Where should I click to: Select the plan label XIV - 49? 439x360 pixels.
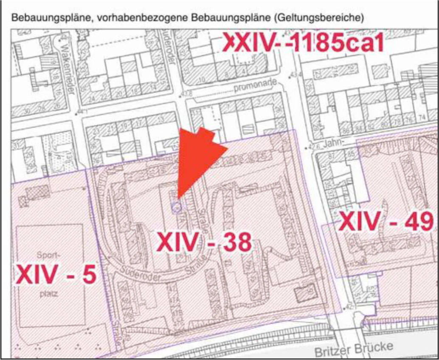(x=387, y=222)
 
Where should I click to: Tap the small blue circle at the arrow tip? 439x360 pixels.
(x=177, y=207)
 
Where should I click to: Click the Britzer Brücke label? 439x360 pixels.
(x=354, y=349)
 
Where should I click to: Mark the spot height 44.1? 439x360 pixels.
(x=79, y=112)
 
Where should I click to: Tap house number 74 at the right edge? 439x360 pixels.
(x=421, y=117)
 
